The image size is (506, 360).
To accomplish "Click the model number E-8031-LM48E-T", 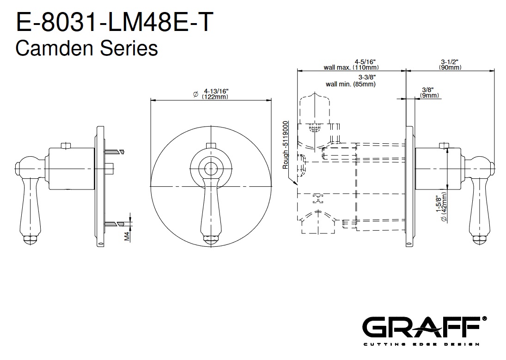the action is (115, 22).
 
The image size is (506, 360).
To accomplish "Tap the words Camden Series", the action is (86, 49).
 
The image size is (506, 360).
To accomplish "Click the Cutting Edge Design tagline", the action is (421, 344).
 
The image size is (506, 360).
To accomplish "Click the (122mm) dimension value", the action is (215, 97).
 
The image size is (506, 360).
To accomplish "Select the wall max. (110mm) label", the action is (351, 67).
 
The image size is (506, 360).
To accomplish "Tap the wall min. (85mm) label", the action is (351, 84).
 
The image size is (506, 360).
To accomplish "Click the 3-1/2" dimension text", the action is (450, 61).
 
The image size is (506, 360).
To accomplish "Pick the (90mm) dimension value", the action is (450, 67).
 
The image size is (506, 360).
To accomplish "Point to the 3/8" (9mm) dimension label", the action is (429, 93).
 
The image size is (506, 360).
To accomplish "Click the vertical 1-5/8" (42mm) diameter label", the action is (441, 207).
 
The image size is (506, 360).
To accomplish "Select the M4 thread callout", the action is (127, 236).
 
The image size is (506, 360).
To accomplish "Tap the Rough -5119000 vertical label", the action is (285, 145).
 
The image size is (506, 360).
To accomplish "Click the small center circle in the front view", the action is (211, 168).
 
